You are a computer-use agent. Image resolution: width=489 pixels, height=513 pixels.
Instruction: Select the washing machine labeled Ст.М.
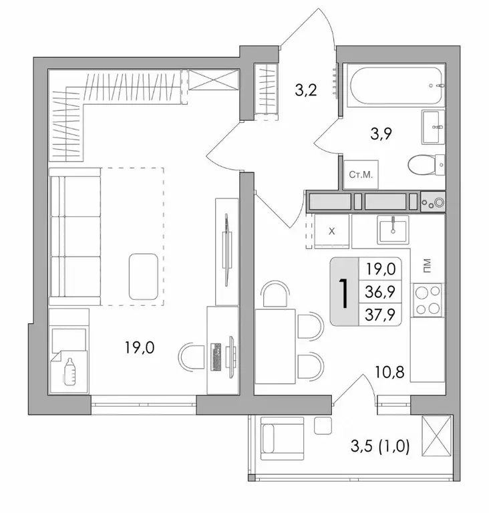click(361, 175)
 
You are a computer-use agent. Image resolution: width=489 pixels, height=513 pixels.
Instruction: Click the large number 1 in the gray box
click(345, 293)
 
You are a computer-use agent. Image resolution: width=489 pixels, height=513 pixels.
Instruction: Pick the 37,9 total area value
click(380, 313)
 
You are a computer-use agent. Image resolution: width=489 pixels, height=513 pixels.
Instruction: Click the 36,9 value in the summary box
click(380, 292)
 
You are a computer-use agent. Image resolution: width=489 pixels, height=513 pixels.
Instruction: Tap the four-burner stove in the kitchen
click(428, 300)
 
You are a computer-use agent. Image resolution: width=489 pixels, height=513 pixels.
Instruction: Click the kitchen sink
click(393, 230)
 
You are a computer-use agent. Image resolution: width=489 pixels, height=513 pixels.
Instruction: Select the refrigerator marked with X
click(333, 230)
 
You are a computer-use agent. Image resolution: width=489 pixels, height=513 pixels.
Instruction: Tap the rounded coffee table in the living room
click(146, 275)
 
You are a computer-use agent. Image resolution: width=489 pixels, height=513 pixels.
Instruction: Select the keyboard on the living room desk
click(216, 355)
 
